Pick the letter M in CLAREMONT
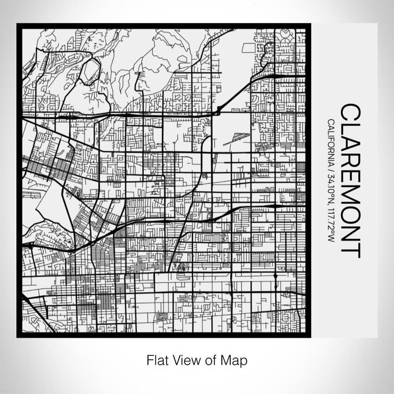tap(350, 199)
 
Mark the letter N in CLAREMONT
tap(350, 236)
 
